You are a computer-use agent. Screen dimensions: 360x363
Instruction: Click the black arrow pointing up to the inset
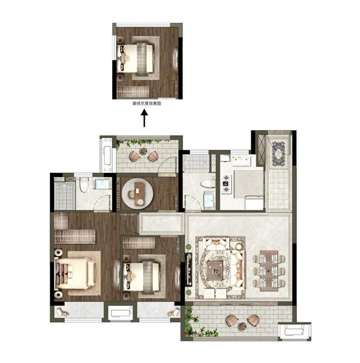pos(145,118)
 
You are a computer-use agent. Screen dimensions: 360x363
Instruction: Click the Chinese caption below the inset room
pos(146,104)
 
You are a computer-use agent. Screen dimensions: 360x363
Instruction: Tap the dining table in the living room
pos(269,271)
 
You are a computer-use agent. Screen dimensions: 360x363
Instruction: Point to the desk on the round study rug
pos(139,194)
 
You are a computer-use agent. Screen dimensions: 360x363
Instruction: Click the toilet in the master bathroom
pos(84,185)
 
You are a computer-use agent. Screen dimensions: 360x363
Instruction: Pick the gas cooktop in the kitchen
pos(226,184)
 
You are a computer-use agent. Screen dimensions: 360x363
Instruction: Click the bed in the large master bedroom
pos(75,274)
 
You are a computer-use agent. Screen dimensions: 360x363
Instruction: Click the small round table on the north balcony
pos(143,151)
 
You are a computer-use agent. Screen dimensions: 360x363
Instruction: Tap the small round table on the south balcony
pos(242,326)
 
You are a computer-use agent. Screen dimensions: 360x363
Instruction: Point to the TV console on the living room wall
pos(189,269)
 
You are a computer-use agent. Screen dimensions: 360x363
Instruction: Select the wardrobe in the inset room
pos(133,91)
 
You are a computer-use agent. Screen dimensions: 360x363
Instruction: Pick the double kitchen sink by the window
pos(241,160)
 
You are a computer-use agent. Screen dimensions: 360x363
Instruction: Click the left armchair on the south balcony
pos(232,320)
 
